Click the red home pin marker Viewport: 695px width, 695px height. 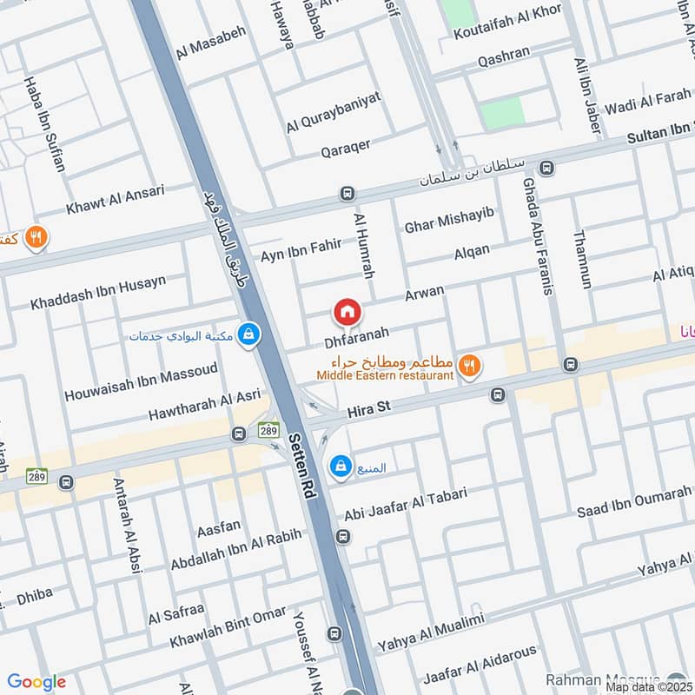[347, 311]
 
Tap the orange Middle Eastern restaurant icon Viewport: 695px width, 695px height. [470, 367]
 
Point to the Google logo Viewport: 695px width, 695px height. [37, 682]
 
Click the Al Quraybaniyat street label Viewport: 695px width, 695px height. [334, 113]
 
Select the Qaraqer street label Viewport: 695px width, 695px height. [352, 149]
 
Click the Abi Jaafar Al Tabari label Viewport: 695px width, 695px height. [406, 503]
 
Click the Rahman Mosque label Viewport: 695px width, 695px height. [605, 678]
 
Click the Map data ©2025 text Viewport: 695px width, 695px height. [649, 686]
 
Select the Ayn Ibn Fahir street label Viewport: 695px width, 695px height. [301, 251]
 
